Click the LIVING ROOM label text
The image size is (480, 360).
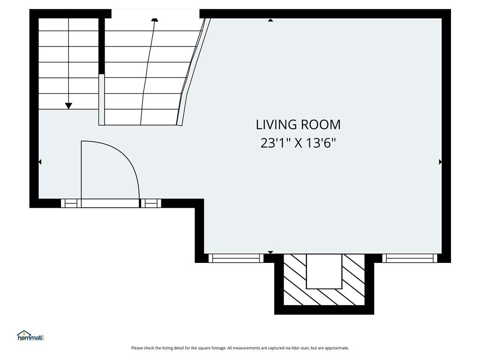(x=298, y=125)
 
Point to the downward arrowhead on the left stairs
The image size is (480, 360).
(x=68, y=106)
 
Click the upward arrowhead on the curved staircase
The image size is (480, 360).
(x=155, y=20)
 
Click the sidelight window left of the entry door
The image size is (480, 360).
(x=71, y=203)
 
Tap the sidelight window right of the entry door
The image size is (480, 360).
(x=151, y=203)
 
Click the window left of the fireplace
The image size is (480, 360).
(x=236, y=258)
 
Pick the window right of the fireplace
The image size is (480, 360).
(x=410, y=258)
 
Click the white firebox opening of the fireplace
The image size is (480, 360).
(x=324, y=271)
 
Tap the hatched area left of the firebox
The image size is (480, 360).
(x=295, y=280)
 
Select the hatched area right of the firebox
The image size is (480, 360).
(x=353, y=280)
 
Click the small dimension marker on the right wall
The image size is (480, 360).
(x=440, y=162)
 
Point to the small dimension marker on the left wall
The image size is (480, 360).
(x=40, y=162)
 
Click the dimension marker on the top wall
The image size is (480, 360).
(x=270, y=20)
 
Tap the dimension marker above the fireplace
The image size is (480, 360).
(x=270, y=252)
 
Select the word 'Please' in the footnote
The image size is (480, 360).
(x=137, y=348)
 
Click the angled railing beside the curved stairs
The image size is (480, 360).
(x=194, y=72)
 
